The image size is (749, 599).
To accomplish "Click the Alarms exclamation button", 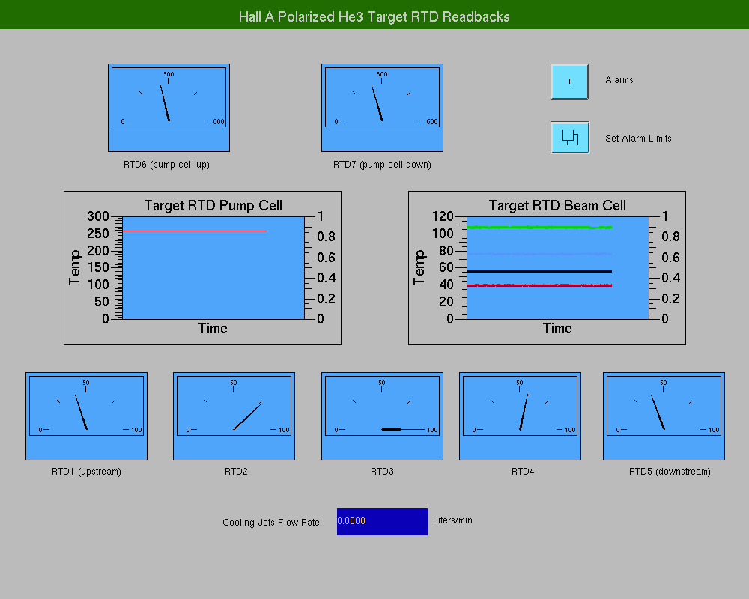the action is (x=569, y=82).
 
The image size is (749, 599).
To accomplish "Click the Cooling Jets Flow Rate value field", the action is (x=382, y=522).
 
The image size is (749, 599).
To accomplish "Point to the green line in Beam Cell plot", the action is (x=539, y=228).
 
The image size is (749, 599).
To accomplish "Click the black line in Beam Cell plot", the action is (x=539, y=271).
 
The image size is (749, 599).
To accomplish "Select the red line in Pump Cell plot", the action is (x=195, y=231).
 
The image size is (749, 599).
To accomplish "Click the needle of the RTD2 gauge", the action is (x=247, y=416).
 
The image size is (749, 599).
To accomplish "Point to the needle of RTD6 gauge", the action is (x=165, y=103).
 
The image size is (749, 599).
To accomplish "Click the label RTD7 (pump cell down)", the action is (x=382, y=165).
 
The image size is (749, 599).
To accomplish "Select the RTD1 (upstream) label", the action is (x=86, y=472).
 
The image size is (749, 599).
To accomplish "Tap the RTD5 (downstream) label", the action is (x=670, y=472).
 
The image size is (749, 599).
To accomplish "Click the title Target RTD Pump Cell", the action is (x=213, y=205).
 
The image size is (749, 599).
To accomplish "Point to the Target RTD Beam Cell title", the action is (x=557, y=205).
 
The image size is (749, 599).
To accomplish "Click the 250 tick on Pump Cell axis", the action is (x=98, y=234).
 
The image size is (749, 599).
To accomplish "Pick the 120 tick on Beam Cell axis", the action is (x=443, y=216).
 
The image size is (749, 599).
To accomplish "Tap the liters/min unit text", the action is (x=454, y=520).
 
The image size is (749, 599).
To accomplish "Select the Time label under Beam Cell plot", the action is (x=557, y=329).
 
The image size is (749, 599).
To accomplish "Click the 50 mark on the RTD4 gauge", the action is (x=520, y=383).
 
